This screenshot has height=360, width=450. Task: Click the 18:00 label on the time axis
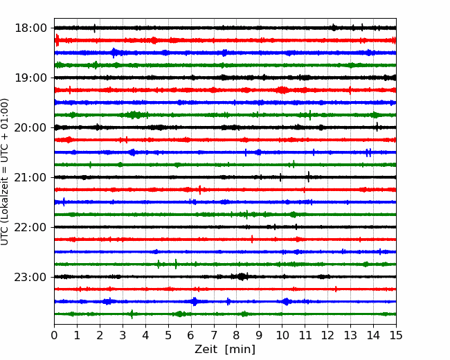point(30,28)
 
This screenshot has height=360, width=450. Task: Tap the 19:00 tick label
point(30,78)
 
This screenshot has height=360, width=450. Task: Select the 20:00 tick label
point(30,128)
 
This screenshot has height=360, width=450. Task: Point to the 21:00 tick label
point(30,178)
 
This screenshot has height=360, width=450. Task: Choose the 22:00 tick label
point(30,227)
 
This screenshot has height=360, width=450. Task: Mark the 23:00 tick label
point(30,278)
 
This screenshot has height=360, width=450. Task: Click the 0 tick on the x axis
point(54,335)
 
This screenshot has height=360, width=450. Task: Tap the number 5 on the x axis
point(168,335)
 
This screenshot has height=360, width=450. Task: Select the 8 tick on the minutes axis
point(237,335)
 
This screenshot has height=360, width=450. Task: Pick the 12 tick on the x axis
point(327,335)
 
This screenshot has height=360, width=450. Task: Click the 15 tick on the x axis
point(396,335)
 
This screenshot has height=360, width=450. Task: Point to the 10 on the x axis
point(282,335)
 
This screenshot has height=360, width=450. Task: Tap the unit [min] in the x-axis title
point(240,350)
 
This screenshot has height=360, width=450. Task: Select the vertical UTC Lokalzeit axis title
point(4,172)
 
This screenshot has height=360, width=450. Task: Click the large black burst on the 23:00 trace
point(242,277)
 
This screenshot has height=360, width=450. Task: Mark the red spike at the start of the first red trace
point(57,40)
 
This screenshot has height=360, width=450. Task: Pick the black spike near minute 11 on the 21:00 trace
point(309,177)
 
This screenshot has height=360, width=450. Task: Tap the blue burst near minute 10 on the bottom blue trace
point(286,301)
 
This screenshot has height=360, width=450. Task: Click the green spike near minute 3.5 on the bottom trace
point(132,314)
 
